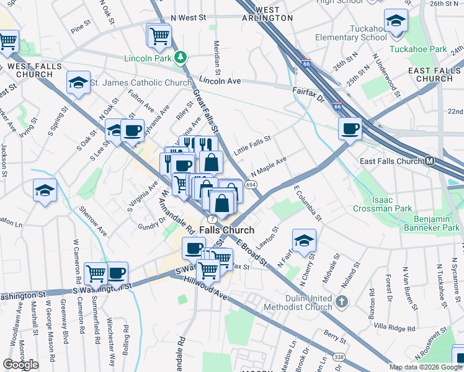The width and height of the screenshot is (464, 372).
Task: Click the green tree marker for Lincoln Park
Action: click(181, 58)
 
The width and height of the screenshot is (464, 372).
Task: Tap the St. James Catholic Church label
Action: click(141, 82)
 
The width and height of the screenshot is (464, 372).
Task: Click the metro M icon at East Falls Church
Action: click(430, 161)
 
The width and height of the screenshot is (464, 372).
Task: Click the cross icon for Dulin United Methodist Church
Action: click(341, 303)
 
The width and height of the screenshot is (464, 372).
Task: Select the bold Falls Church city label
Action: click(226, 230)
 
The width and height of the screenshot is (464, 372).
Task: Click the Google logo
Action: click(20, 365)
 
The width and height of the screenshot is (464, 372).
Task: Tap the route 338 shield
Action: click(338, 356)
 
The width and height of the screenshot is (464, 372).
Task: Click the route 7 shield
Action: click(212, 219)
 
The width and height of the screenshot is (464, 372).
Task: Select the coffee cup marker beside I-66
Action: click(350, 129)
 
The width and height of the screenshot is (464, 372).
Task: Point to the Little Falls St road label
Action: click(252, 146)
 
